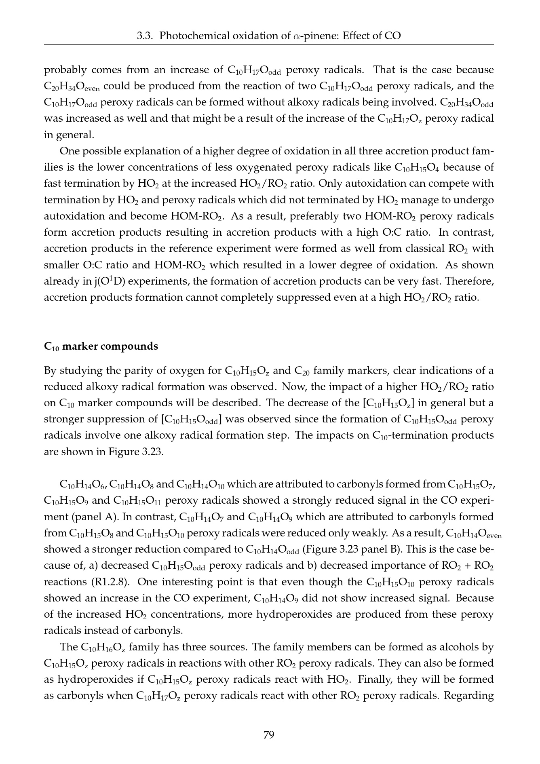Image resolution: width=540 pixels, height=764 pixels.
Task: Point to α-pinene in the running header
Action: [307, 36]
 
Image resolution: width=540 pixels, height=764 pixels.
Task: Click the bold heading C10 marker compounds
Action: [101, 346]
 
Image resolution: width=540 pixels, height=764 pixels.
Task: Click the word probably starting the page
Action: [65, 70]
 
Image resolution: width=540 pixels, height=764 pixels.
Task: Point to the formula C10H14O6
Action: [83, 485]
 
